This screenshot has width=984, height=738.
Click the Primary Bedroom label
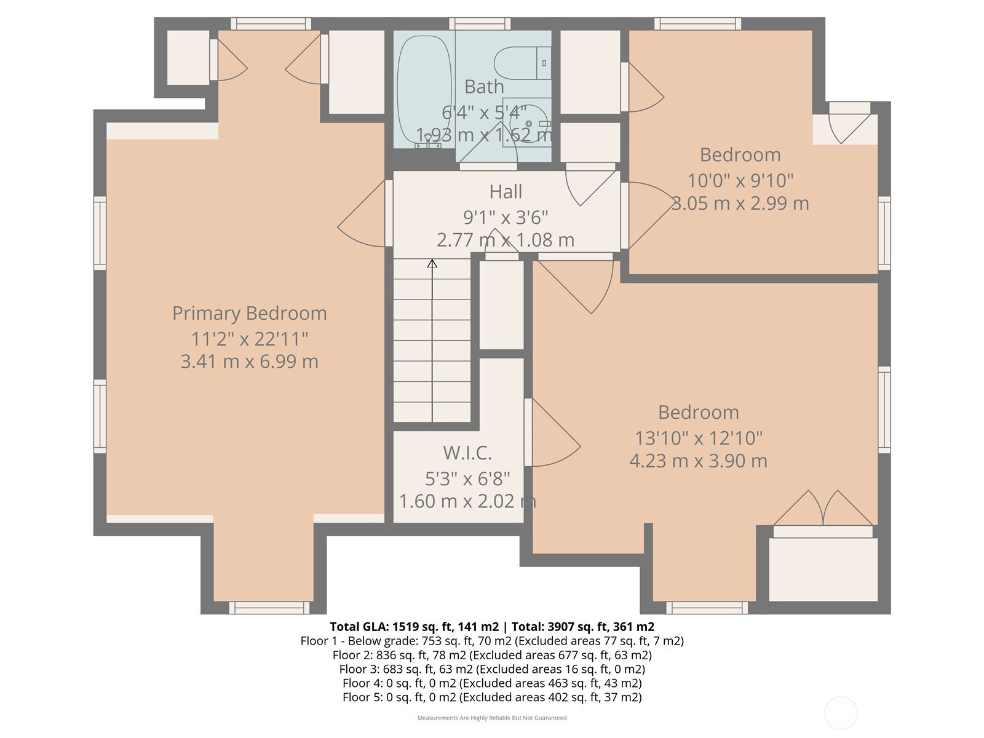(x=249, y=314)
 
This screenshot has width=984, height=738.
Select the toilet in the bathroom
(x=522, y=63)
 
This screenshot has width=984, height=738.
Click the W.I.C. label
(x=467, y=453)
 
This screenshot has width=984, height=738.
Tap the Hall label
(x=506, y=192)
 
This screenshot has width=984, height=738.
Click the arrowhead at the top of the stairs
(x=432, y=263)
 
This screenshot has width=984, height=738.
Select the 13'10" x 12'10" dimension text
(x=699, y=438)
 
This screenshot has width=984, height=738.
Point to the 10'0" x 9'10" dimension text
(x=740, y=181)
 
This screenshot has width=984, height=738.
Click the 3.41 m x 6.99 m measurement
(x=249, y=362)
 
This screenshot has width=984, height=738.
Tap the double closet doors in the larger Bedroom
(x=823, y=509)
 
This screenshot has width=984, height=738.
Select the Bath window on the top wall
(x=480, y=24)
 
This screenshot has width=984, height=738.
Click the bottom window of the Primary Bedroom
(x=269, y=608)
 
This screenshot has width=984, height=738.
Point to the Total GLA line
(x=492, y=627)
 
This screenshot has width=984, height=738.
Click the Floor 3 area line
(x=492, y=669)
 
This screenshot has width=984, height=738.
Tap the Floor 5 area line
(x=492, y=697)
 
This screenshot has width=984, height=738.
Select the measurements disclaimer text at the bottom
(x=492, y=718)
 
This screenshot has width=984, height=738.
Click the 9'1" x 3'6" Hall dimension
(x=506, y=218)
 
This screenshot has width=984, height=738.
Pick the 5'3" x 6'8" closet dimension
(x=467, y=479)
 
